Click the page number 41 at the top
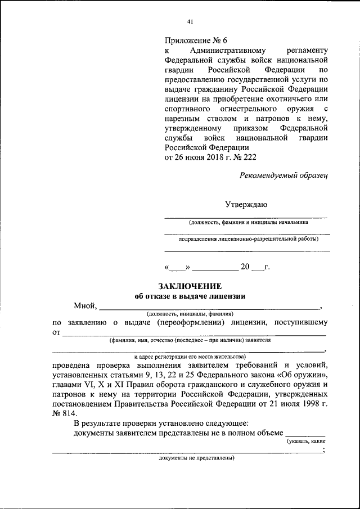[x=190, y=22]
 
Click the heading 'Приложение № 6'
[x=195, y=40]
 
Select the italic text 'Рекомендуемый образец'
[x=283, y=175]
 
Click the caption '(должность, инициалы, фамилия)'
[x=190, y=314]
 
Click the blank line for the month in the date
[x=215, y=268]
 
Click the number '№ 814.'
[x=63, y=413]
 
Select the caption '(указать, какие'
[x=306, y=442]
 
